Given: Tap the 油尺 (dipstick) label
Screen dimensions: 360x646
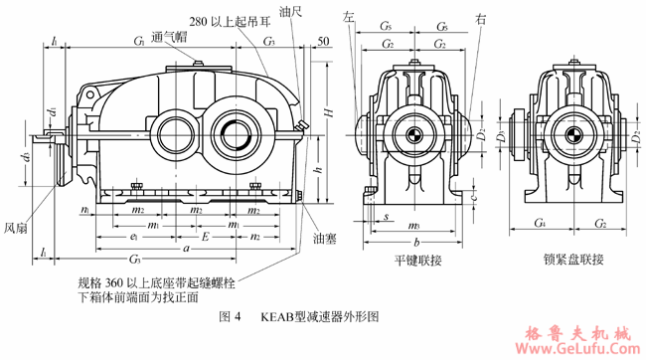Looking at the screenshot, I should click(291, 12).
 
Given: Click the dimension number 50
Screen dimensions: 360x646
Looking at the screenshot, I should click(323, 41).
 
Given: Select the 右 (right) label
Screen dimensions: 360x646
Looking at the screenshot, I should click(481, 17).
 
